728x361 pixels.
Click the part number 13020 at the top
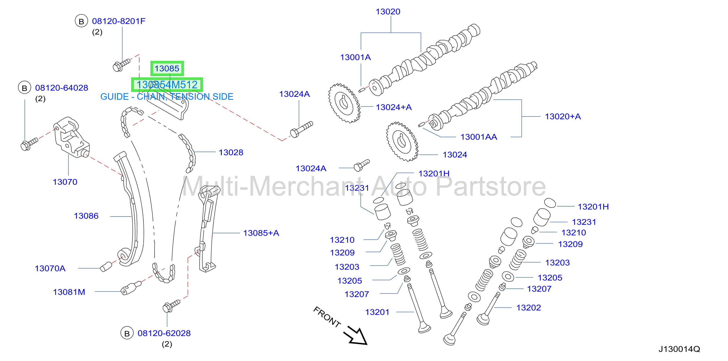(x=388, y=12)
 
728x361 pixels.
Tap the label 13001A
(x=355, y=57)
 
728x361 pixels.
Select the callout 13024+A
(x=394, y=107)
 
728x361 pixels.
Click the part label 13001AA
(x=479, y=137)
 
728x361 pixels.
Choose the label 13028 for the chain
(x=231, y=153)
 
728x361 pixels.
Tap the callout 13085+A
(x=261, y=233)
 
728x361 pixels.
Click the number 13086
(x=86, y=216)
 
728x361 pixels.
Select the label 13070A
(x=50, y=268)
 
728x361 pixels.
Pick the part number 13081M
(x=69, y=292)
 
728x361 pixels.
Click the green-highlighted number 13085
(x=167, y=68)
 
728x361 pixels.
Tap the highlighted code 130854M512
(x=167, y=85)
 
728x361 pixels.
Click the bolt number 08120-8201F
(x=119, y=21)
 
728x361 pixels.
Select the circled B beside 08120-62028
(x=127, y=333)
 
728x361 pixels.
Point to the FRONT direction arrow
(x=356, y=336)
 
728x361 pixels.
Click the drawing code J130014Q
(x=679, y=349)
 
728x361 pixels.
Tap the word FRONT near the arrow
(x=327, y=317)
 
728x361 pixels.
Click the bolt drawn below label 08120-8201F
(x=121, y=65)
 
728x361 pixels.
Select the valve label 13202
(x=528, y=308)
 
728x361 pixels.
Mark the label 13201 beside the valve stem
(x=377, y=312)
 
